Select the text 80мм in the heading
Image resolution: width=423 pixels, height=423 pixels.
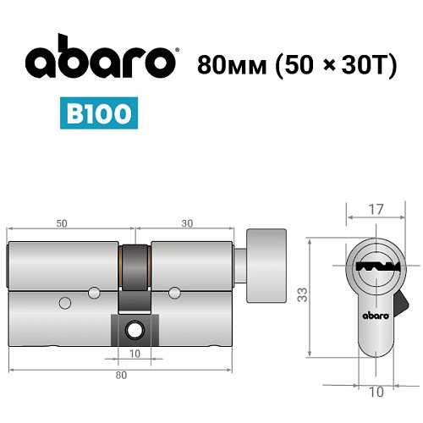click(x=227, y=65)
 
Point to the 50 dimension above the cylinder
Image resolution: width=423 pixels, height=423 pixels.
click(x=62, y=222)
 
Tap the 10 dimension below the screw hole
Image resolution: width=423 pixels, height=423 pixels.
click(x=135, y=353)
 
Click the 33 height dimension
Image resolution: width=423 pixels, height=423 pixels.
click(x=302, y=294)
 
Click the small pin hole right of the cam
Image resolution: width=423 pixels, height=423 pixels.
click(x=174, y=293)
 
